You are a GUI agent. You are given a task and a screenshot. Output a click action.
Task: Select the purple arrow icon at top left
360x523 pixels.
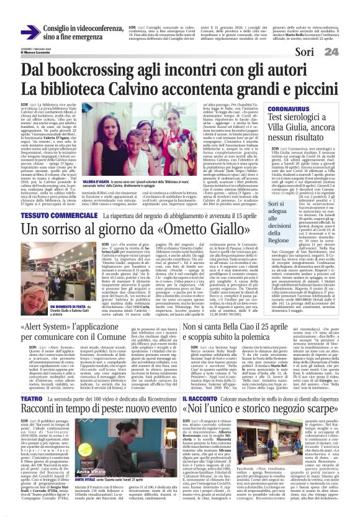(x=29, y=31)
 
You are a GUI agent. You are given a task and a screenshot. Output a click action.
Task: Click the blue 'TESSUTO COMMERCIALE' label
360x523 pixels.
(x=55, y=198)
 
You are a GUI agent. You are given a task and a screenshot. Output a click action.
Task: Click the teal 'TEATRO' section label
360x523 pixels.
(x=30, y=398)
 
